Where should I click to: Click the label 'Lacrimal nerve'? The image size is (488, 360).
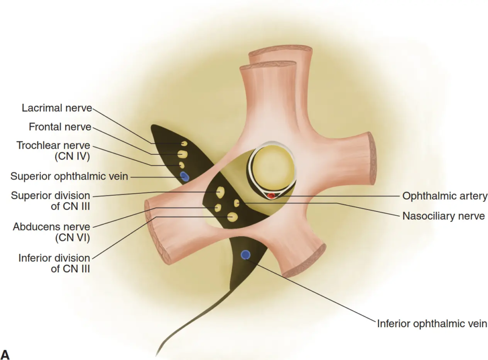point(57,108)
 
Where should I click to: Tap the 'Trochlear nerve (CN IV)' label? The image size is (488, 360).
point(53,150)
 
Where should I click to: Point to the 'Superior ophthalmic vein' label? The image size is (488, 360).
point(69,177)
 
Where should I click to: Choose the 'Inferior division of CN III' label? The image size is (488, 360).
point(54,263)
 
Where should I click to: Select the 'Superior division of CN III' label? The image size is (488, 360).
point(51,200)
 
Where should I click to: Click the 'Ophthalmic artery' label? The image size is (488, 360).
point(445,196)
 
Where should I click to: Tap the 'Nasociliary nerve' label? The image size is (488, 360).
point(443,216)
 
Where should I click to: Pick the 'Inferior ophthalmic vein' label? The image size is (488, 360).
point(432,324)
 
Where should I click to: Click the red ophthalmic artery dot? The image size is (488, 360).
point(272,195)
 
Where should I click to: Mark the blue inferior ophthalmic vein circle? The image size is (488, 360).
point(245,255)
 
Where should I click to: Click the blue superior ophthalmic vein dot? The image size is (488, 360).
point(185,177)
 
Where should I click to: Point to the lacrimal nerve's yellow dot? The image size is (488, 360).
point(184,143)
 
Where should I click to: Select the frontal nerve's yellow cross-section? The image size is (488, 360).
point(182,154)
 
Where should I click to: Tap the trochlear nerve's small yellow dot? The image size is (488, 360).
point(181,165)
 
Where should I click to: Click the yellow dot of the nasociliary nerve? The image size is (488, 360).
point(236,203)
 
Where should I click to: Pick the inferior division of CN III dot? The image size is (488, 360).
point(233,217)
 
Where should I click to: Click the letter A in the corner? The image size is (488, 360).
point(6,354)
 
